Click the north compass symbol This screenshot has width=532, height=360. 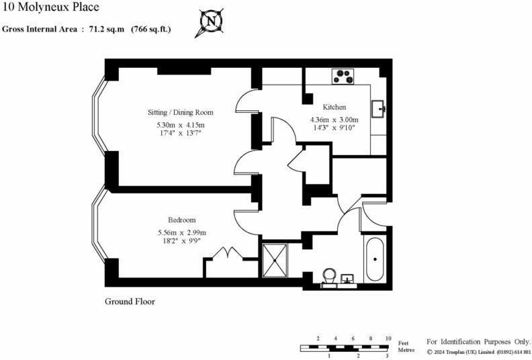click(211, 22)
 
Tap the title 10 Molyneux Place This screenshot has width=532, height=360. click(50, 7)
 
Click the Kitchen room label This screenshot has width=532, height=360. click(335, 107)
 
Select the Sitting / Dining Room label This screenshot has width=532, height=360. click(181, 112)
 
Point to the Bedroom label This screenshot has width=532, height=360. click(182, 220)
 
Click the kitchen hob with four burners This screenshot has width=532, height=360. click(343, 77)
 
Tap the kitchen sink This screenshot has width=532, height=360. click(378, 109)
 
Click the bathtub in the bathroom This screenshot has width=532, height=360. click(375, 259)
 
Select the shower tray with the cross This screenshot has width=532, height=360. click(275, 261)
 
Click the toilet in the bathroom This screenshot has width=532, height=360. click(329, 275)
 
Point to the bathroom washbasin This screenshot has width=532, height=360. click(347, 279)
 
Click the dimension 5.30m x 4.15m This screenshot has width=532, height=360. click(181, 125)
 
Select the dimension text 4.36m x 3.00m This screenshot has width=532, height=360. click(335, 120)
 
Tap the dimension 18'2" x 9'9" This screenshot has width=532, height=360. click(182, 241)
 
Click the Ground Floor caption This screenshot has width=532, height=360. click(130, 302)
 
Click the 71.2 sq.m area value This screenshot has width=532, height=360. click(107, 29)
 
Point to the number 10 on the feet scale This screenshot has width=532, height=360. click(388, 339)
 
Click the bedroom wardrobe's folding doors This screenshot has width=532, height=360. click(227, 253)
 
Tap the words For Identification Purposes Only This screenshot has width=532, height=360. click(478, 342)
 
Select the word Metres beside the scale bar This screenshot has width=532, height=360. click(406, 350)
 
